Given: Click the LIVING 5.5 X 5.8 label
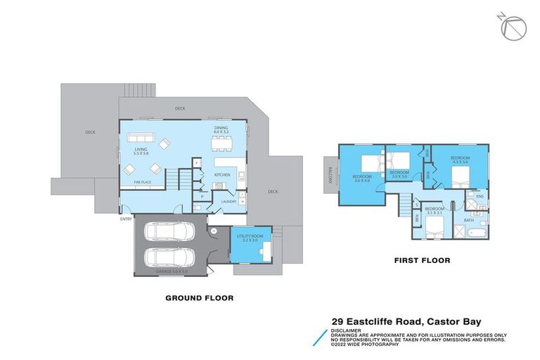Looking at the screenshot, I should click(x=141, y=152).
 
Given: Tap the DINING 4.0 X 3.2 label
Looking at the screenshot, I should click(x=221, y=129).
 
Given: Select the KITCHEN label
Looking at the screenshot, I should click(x=222, y=174).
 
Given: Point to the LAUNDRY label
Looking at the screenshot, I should click(x=228, y=202).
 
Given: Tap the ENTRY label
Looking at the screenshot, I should click(x=127, y=219).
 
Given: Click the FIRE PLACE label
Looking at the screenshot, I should click(x=142, y=183).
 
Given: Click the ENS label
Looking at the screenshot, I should click(x=480, y=196).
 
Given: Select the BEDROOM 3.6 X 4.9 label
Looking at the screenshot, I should click(x=362, y=179).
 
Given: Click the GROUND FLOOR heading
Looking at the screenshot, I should click(x=199, y=298).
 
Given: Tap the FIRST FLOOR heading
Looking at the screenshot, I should click(x=422, y=260).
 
